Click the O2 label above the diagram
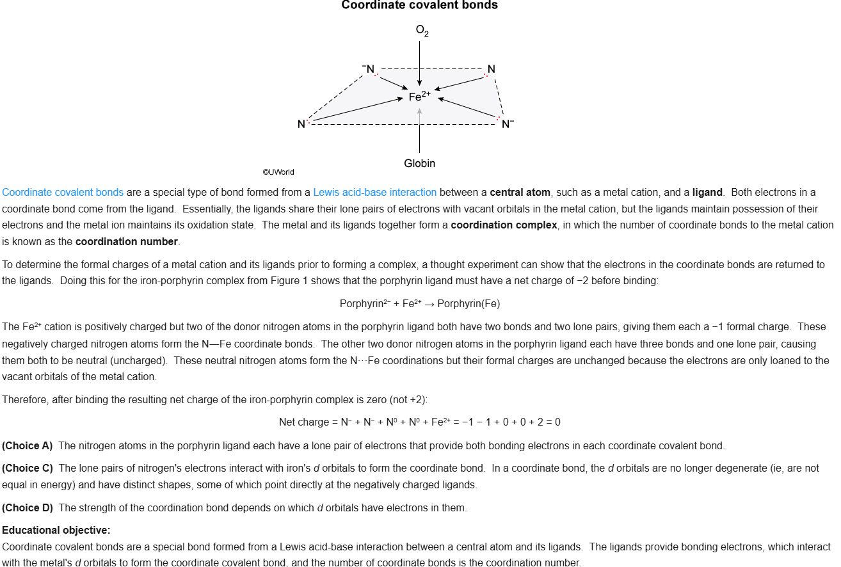pyautogui.click(x=422, y=31)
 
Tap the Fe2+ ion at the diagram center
pyautogui.click(x=419, y=97)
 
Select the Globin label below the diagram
pyautogui.click(x=419, y=164)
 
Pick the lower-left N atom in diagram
pyautogui.click(x=301, y=124)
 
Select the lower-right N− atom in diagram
pyautogui.click(x=507, y=124)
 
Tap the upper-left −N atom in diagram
pyautogui.click(x=369, y=69)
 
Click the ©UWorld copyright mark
pyautogui.click(x=278, y=172)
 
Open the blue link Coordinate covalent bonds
pyautogui.click(x=63, y=192)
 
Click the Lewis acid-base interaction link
pyautogui.click(x=374, y=192)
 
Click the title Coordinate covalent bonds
pyautogui.click(x=419, y=6)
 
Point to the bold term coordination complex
pyautogui.click(x=504, y=225)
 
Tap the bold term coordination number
pyautogui.click(x=126, y=242)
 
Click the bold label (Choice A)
pyautogui.click(x=28, y=445)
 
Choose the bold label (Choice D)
pyautogui.click(x=28, y=508)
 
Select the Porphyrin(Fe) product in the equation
pyautogui.click(x=469, y=303)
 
